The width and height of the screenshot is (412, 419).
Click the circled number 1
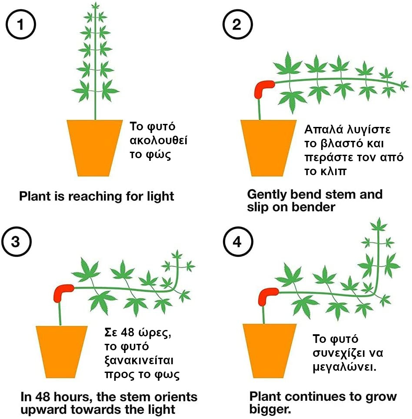point(20,24)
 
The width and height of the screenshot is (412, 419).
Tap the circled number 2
point(236,24)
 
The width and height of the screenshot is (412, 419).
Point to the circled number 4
point(236,242)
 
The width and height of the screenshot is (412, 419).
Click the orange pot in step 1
point(94,148)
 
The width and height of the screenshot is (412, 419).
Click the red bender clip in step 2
point(262,89)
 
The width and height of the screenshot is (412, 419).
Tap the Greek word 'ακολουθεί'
point(159,141)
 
